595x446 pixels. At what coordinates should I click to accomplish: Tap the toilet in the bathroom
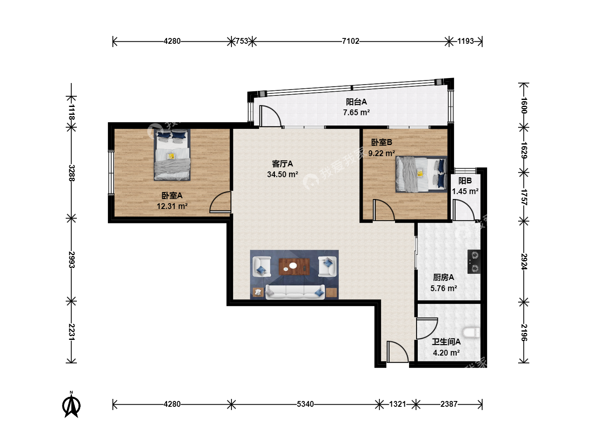[471, 332]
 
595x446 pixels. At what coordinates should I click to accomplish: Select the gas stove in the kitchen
[474, 261]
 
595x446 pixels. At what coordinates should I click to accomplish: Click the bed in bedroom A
[172, 154]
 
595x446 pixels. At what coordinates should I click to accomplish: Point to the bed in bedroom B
[421, 174]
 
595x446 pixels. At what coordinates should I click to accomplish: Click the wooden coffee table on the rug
[294, 267]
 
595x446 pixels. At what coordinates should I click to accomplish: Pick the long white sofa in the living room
[295, 292]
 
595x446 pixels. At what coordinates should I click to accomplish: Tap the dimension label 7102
[350, 41]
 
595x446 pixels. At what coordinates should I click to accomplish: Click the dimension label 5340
[305, 404]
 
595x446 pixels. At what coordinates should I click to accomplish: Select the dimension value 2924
[524, 261]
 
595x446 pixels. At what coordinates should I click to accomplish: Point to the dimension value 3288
[71, 173]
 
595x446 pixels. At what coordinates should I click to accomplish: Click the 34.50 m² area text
[283, 174]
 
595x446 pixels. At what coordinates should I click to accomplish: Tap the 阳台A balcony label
[356, 102]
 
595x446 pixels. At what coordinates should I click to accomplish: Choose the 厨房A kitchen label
[443, 277]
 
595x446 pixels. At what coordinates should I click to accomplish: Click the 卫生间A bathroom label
[446, 342]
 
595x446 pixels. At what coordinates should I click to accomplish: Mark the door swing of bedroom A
[220, 202]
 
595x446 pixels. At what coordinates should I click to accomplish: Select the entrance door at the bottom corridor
[397, 351]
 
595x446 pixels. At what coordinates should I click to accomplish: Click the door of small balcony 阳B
[464, 210]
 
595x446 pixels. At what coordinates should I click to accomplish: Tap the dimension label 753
[242, 41]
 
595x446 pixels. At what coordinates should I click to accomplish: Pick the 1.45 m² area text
[465, 192]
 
